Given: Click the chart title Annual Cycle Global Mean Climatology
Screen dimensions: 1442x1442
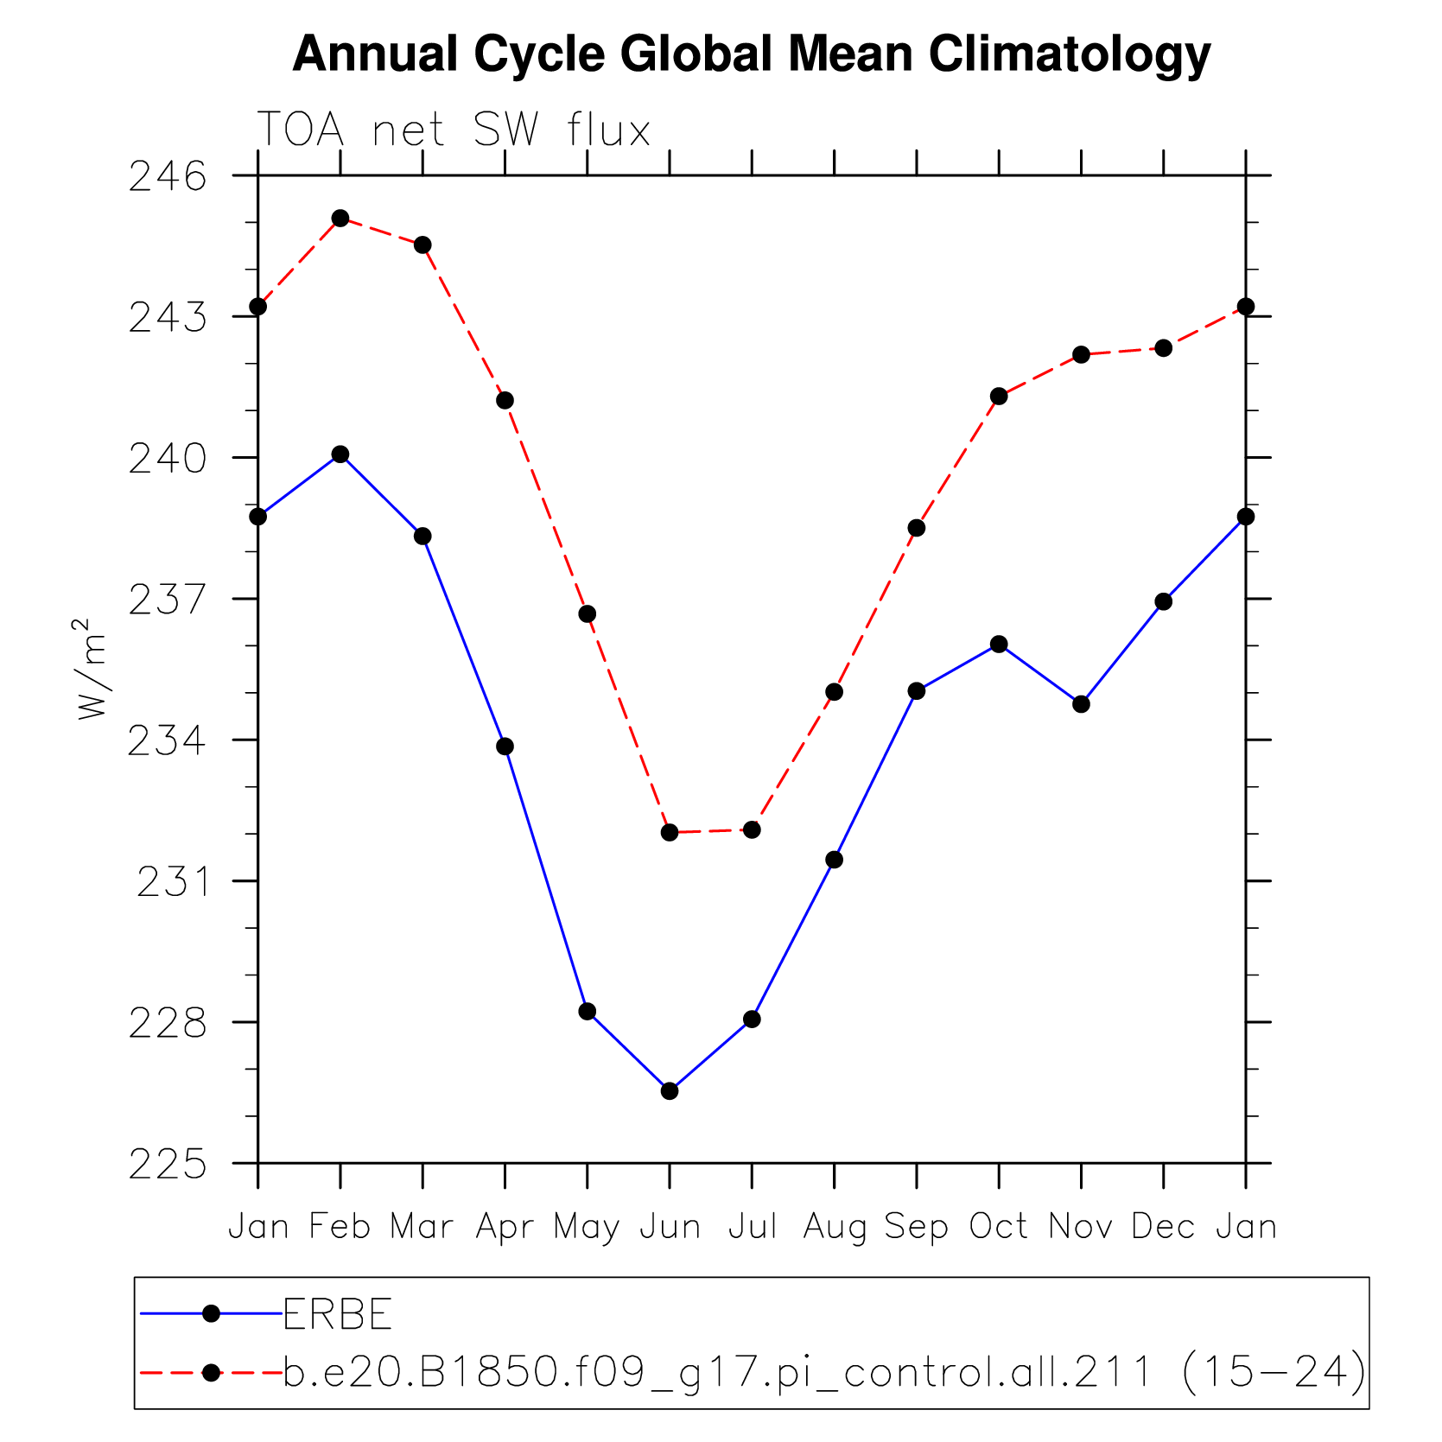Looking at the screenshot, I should [x=752, y=54].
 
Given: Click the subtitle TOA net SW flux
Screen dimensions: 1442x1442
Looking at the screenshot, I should [x=454, y=130].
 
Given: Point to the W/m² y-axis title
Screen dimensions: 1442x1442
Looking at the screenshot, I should [x=92, y=669].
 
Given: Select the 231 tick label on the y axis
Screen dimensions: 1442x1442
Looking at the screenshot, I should [x=173, y=882].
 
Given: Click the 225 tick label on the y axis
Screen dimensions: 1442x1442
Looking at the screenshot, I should [x=168, y=1165].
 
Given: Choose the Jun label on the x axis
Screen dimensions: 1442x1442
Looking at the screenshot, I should [x=670, y=1227].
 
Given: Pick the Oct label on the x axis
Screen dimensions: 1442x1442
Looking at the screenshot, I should [x=999, y=1226].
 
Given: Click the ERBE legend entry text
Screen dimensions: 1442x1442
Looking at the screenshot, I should [x=338, y=1315].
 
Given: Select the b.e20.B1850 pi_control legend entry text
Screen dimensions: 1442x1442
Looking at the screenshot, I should [x=825, y=1372].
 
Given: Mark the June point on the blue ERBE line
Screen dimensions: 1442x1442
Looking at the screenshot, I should [x=670, y=1091].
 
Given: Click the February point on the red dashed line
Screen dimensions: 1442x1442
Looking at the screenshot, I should [x=340, y=218].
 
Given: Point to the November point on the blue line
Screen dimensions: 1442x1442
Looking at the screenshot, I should [x=1081, y=704].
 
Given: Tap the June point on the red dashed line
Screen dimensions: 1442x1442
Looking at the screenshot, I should [x=670, y=832].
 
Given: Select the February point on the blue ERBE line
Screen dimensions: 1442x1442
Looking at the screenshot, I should [x=340, y=454].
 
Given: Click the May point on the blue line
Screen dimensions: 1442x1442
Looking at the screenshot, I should [x=588, y=1012].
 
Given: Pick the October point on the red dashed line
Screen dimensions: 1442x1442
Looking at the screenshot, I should [x=999, y=397].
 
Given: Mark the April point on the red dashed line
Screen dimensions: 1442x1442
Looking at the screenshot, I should [x=505, y=400].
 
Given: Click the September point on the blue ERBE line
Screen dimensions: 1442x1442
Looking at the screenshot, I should [x=917, y=691].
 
